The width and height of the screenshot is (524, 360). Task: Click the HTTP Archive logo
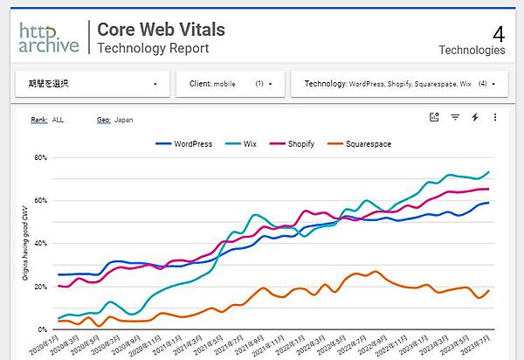[49, 36]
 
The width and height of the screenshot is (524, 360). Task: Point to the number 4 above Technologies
[499, 34]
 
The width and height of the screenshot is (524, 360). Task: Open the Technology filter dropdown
[400, 84]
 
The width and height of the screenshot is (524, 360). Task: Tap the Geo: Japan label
[115, 119]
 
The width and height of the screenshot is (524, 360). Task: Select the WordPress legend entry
[185, 143]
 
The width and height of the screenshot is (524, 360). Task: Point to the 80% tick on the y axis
[40, 158]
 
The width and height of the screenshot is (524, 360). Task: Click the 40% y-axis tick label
[40, 244]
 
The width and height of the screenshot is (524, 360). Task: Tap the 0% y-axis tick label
[42, 329]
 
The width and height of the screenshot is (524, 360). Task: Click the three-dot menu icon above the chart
[495, 117]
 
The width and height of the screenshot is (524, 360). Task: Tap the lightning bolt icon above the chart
[475, 117]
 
